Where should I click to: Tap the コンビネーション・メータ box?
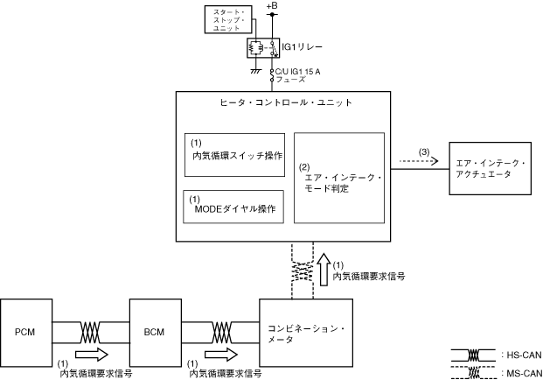[306, 334]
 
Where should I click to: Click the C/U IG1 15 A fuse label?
[304, 74]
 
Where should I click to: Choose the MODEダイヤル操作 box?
[233, 207]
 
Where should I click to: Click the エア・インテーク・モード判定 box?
[338, 178]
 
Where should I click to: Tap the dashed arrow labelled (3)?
[416, 162]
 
